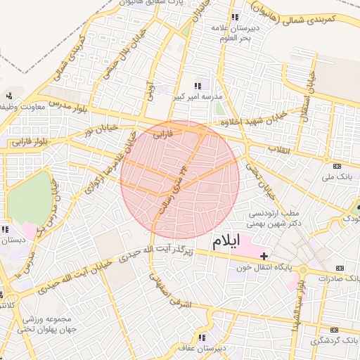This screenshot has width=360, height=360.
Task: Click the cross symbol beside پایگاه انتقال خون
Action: [264, 256]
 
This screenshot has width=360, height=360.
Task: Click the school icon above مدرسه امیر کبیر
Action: [198, 85]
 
